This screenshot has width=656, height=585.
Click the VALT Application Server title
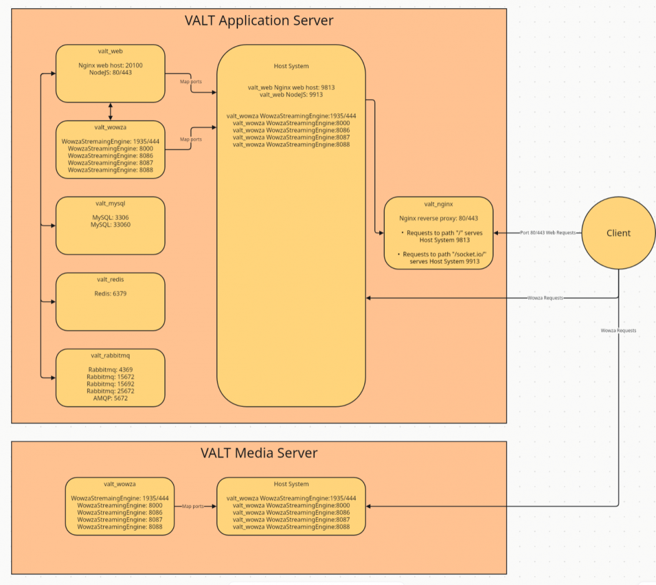click(259, 21)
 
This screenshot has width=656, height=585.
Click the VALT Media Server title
click(259, 452)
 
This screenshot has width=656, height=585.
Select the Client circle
click(619, 233)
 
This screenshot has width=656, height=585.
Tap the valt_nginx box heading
click(439, 204)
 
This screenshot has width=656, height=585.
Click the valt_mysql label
click(111, 203)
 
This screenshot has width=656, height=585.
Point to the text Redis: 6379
click(111, 293)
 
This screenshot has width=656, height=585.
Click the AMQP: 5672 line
click(111, 398)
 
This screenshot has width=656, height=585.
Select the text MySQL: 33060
click(111, 225)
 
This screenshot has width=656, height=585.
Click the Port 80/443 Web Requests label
click(548, 232)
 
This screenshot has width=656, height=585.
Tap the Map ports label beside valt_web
click(191, 82)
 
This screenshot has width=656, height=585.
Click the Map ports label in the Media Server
click(193, 506)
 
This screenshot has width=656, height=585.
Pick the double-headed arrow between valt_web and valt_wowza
click(111, 112)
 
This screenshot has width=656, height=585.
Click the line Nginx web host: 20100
click(111, 65)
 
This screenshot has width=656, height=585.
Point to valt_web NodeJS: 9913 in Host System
click(291, 94)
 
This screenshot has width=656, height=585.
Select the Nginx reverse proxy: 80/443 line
click(439, 218)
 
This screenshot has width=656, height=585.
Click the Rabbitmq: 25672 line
click(111, 391)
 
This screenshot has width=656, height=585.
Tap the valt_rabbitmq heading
click(111, 355)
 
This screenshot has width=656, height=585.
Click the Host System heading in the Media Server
click(291, 484)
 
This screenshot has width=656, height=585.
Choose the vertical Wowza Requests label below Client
click(619, 331)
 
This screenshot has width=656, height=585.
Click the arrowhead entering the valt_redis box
click(53, 302)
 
